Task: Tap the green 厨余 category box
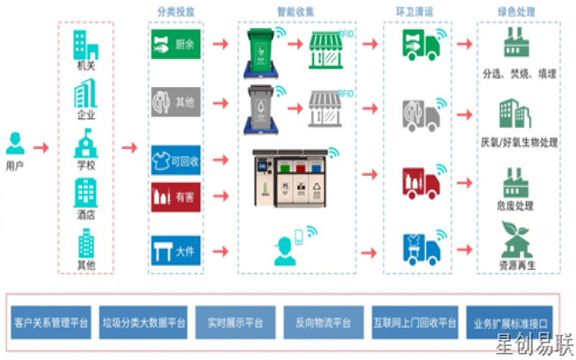coord(175,45)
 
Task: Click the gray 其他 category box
coord(175,102)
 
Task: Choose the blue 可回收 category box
coord(175,161)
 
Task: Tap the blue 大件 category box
coord(175,251)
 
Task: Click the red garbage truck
coord(421,181)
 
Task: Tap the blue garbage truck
coord(421,247)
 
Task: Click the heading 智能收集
coord(295,12)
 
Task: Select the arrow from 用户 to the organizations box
coord(41,148)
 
